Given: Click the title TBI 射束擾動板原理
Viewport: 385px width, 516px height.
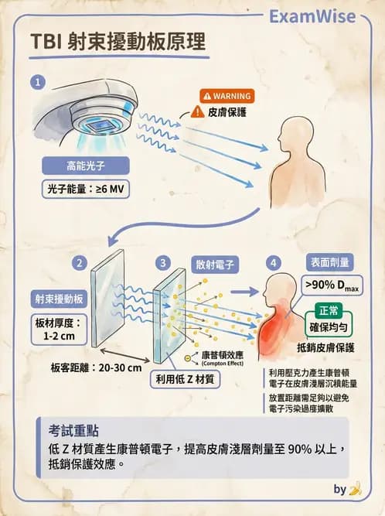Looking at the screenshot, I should coord(119,42).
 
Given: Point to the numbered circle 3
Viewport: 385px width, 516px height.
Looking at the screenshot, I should coord(163,263).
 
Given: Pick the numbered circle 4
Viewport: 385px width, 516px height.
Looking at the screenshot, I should coord(273,263).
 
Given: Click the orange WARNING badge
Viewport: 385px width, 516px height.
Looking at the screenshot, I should coord(227,96).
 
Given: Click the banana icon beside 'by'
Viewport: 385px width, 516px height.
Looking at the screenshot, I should coord(356,489).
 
